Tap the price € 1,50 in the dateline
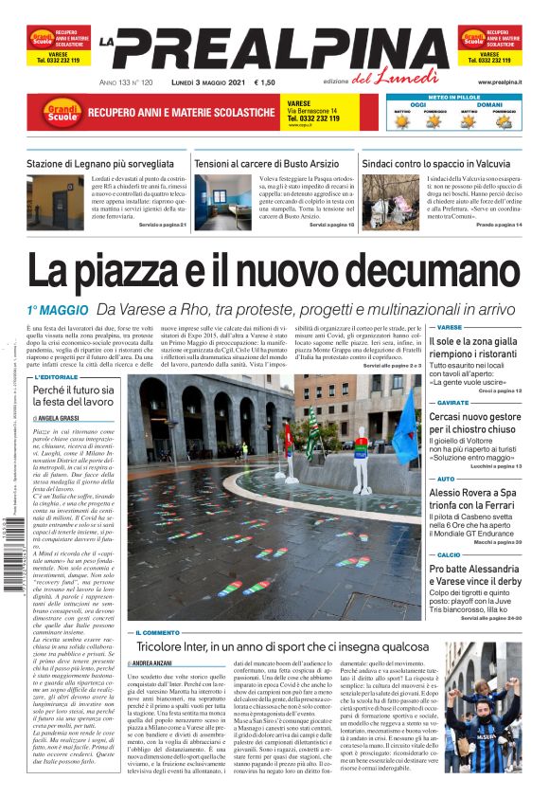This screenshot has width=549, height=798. click(265, 83)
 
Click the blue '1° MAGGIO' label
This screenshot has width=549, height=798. click(59, 310)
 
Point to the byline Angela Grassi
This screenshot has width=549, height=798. click(60, 417)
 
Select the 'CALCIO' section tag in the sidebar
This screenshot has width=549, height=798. click(449, 555)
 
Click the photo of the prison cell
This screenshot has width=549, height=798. click(219, 200)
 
